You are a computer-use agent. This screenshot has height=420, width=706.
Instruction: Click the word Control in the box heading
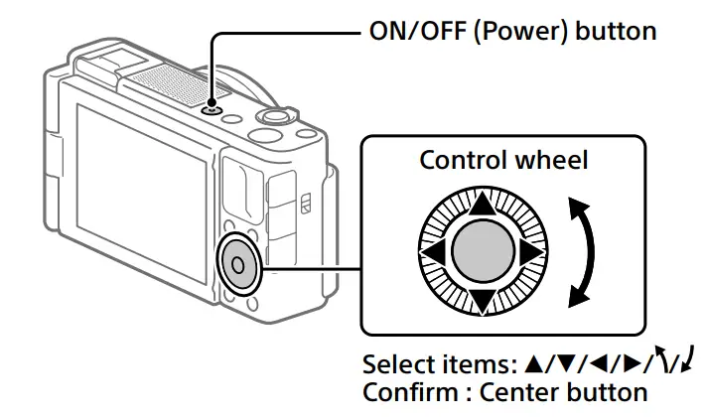coord(465,160)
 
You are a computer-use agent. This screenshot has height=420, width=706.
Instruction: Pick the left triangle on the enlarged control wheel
coord(431,252)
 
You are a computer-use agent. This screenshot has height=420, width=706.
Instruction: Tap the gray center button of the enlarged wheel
coord(482,252)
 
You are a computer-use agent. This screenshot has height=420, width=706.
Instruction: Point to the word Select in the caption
coord(393,363)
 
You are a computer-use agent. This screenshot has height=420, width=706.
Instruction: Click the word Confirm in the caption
coord(404,390)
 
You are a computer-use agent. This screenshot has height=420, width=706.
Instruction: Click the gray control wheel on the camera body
coord(237,263)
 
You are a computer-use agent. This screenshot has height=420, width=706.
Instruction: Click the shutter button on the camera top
coord(270,118)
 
